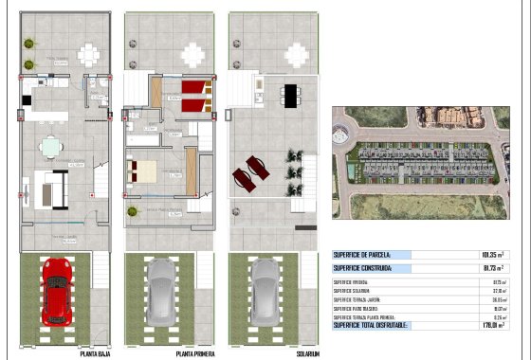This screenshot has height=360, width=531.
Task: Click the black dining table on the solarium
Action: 289,93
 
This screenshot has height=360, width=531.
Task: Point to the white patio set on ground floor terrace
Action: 90,53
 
